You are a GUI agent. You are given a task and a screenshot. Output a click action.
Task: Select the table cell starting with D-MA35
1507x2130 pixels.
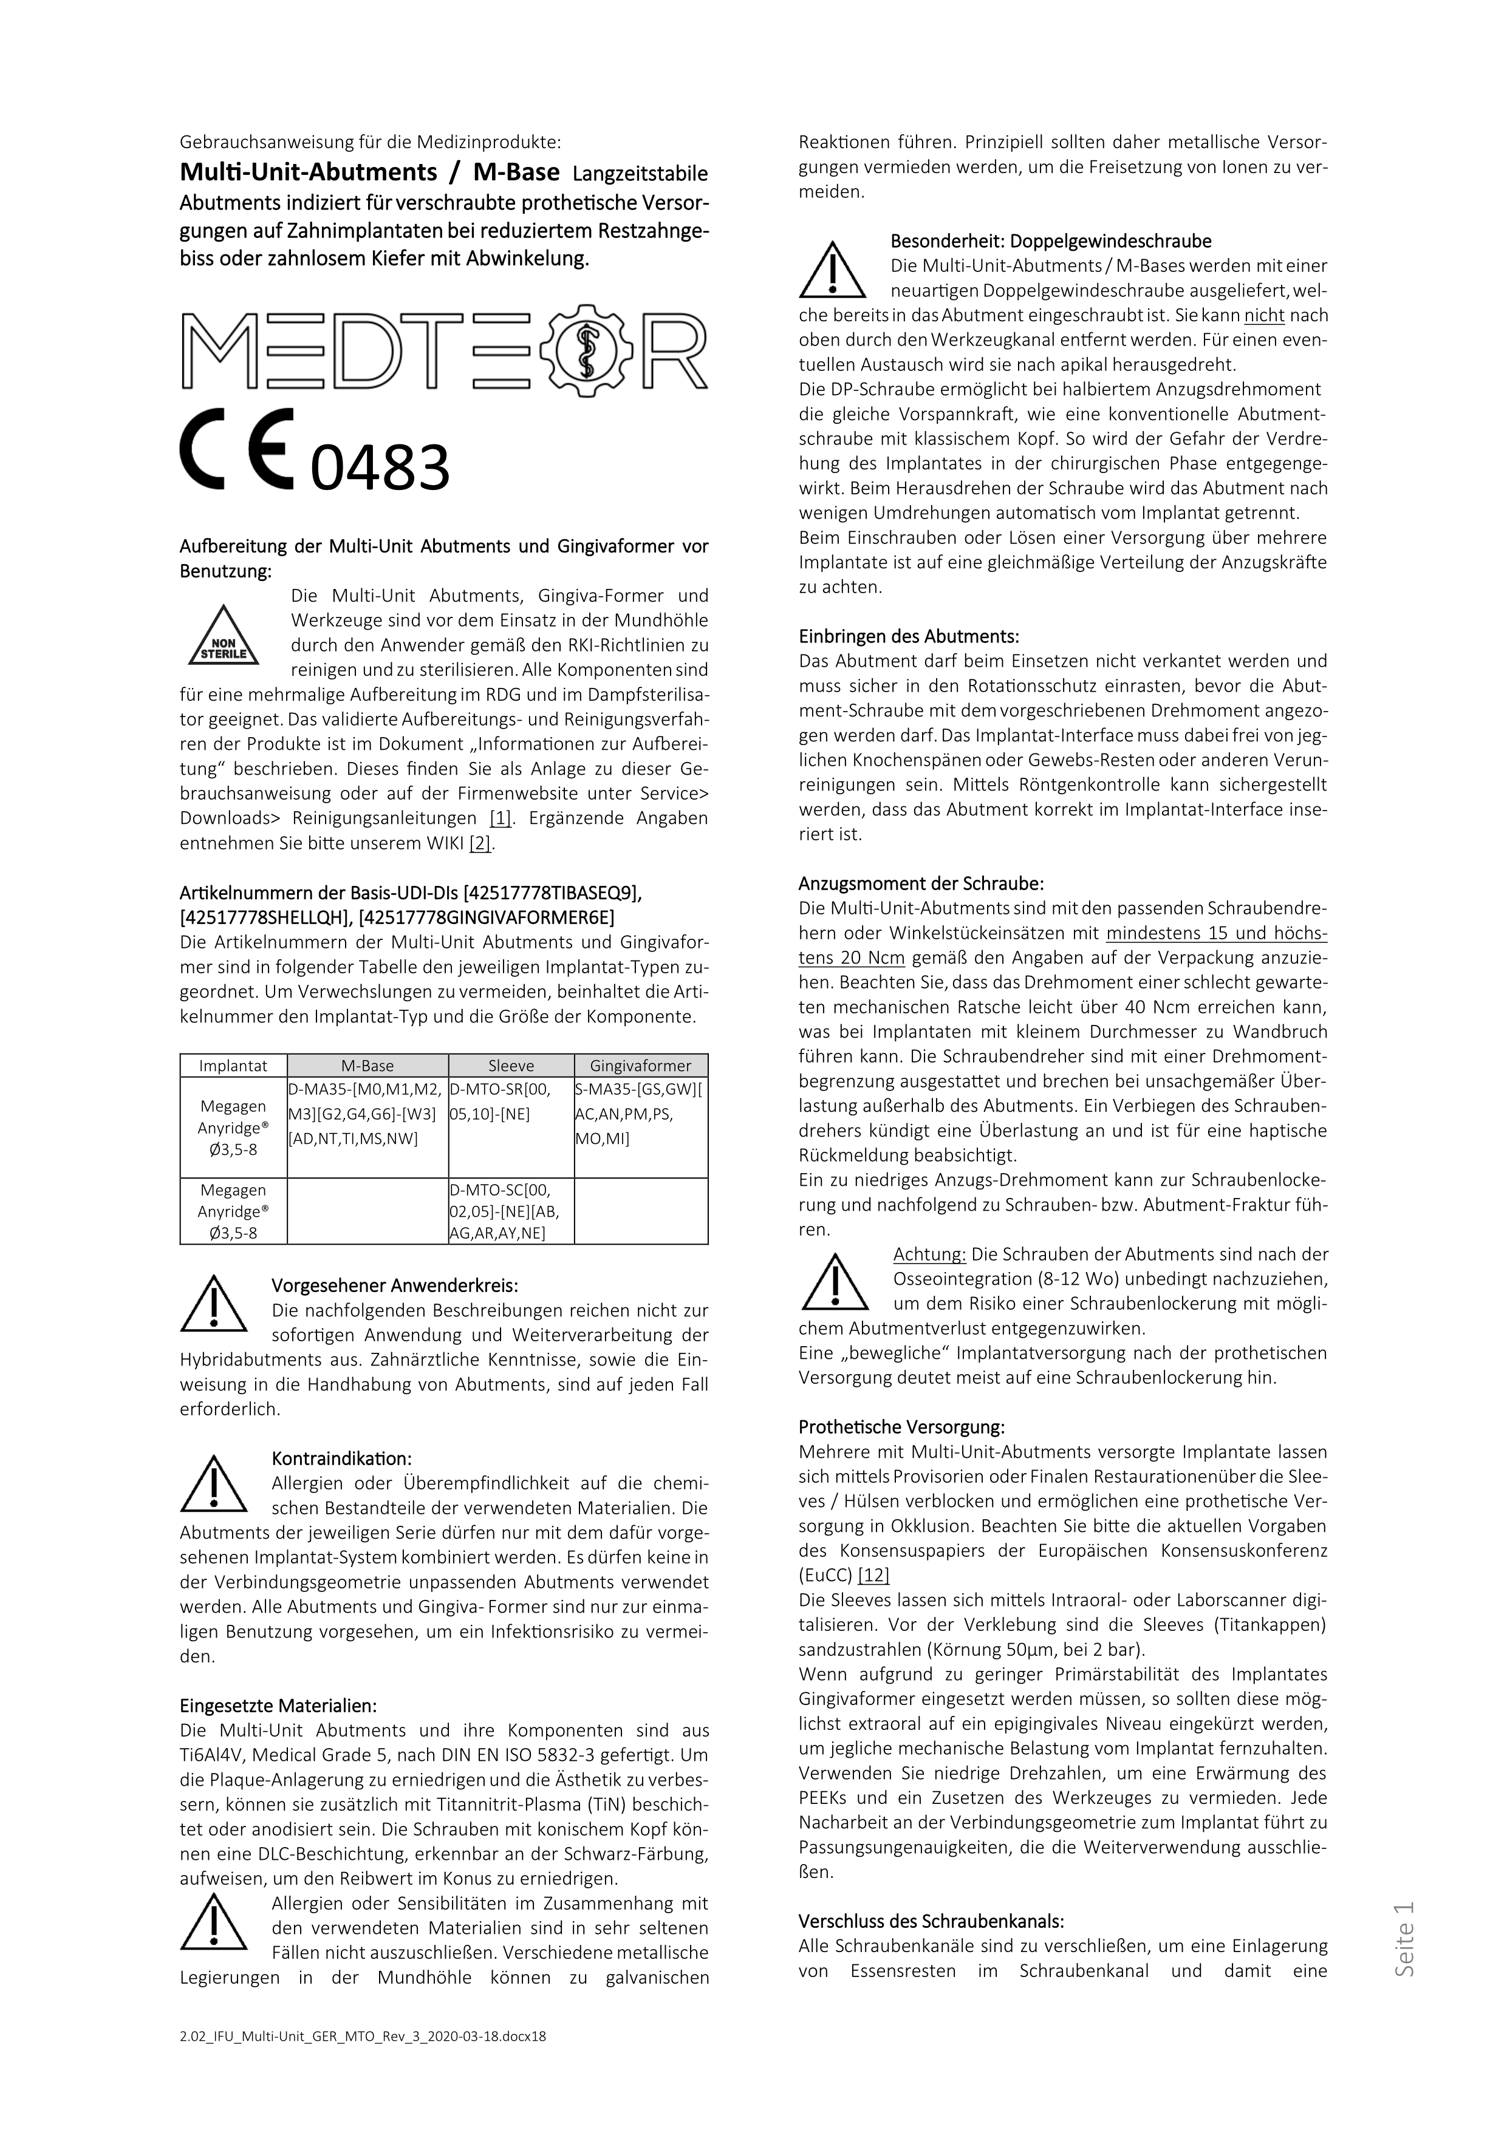[x=367, y=1113]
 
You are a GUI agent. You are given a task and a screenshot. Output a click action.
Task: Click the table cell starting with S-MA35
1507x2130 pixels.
[x=640, y=1113]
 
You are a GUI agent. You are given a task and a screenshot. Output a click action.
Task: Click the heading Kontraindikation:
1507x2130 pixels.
[x=341, y=1459]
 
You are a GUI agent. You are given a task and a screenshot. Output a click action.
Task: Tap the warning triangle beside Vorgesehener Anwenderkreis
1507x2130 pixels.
[x=213, y=1304]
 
